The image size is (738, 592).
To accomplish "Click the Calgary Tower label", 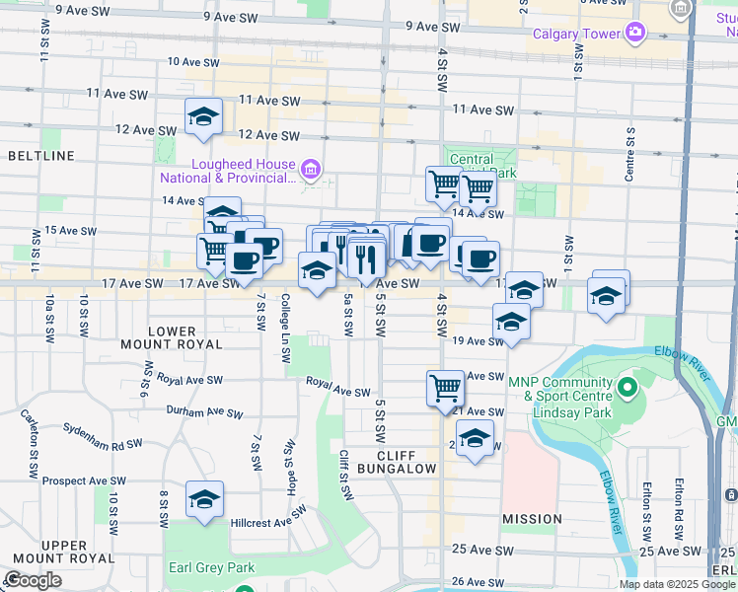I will pos(576,35).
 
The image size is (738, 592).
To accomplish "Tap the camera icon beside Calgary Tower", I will pos(634,34).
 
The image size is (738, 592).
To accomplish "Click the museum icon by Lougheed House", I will pos(311,171).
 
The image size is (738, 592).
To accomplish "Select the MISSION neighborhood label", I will pos(532,519).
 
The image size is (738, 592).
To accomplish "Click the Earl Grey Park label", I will pos(211,567).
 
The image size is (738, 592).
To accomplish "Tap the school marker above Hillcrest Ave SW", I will pos(204,499).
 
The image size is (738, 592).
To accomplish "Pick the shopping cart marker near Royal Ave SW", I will pos(445,387).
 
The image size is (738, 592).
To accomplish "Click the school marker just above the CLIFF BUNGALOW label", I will pos(475,438).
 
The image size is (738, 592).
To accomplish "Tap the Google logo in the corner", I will pos(33,580).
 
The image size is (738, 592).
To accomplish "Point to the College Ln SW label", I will pos(285,318).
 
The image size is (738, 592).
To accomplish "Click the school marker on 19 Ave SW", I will pos(511,322).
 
